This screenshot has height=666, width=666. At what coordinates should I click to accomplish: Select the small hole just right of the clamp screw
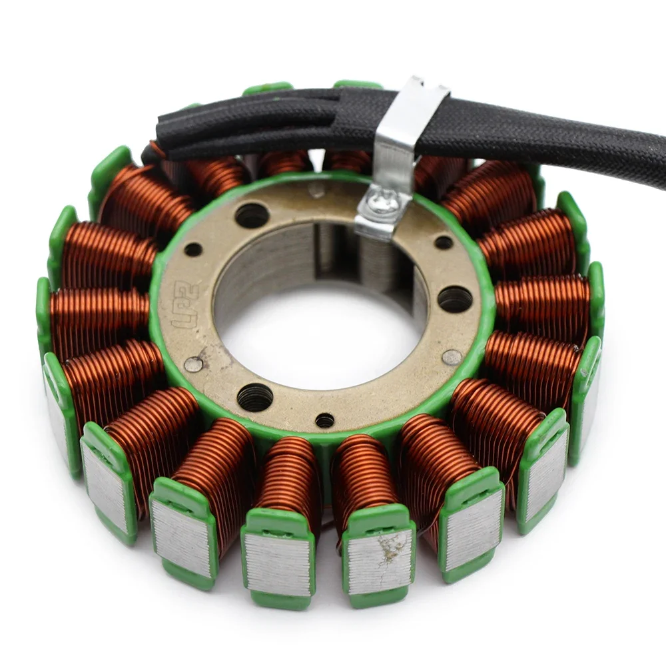coord(444,242)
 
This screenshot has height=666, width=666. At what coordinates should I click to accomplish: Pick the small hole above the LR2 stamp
coord(193,250)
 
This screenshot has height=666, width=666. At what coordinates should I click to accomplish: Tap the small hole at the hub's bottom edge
coord(324,420)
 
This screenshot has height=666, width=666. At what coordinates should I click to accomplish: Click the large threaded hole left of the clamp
coord(252,215)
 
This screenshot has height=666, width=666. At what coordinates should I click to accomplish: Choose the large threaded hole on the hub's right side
coord(455,299)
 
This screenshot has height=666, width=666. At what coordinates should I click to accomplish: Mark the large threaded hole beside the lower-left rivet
coord(255,398)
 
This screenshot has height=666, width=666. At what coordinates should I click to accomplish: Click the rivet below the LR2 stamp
coord(193,364)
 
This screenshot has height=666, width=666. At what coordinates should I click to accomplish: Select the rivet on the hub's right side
coord(452,358)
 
